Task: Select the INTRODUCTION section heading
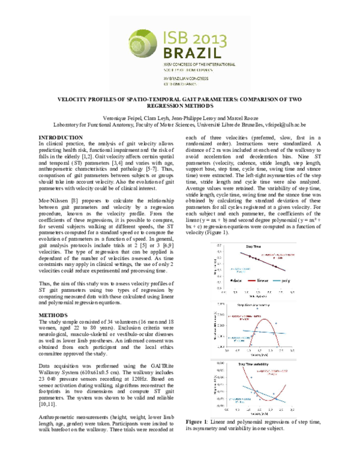61,138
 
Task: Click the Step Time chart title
253,246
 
